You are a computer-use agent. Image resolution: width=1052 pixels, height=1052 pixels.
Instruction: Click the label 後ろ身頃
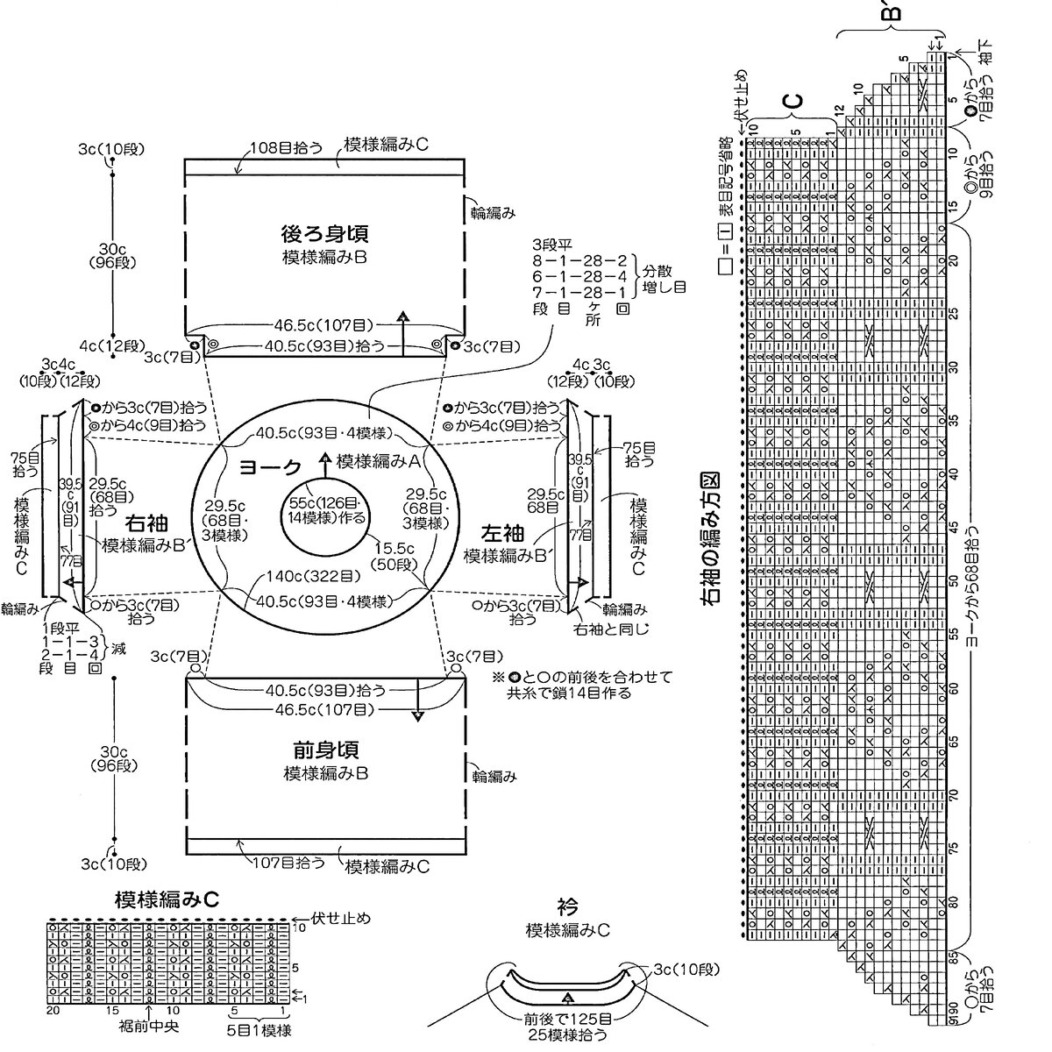click(x=324, y=235)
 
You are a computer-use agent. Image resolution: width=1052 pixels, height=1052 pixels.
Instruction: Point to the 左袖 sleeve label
click(x=503, y=532)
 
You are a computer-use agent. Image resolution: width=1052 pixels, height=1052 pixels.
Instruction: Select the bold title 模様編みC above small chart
click(x=166, y=899)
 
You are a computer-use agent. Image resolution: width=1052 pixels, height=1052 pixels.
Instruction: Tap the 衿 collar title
click(x=566, y=906)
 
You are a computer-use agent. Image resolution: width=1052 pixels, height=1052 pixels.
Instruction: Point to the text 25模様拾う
click(x=566, y=1034)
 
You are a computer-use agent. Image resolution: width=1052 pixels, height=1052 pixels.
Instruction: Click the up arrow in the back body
click(x=402, y=319)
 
